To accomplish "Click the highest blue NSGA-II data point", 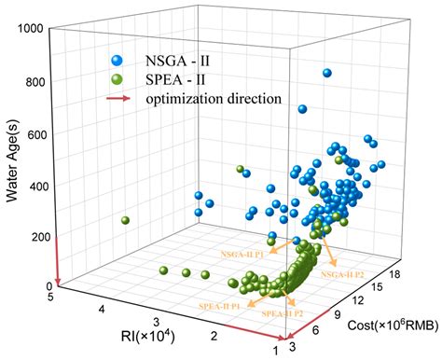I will (327, 73).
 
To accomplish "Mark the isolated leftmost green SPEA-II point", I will (125, 221).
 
